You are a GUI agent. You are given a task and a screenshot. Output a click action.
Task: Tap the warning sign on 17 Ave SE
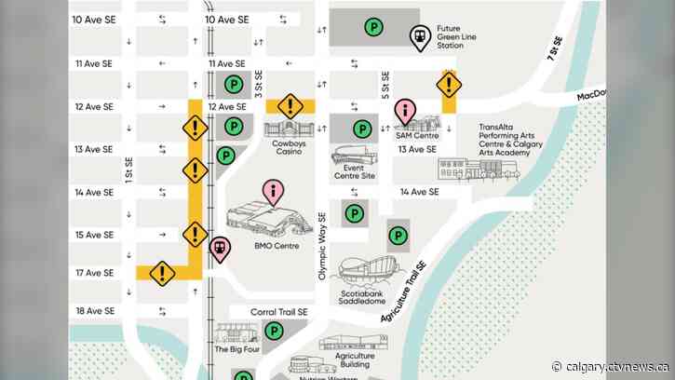[163, 273]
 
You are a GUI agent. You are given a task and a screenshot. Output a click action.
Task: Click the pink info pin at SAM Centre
[405, 112]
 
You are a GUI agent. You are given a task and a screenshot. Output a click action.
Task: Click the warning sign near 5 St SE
[450, 86]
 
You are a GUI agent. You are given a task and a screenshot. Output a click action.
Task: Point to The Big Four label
[234, 349]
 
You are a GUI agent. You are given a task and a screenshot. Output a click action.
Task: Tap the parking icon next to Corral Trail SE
[275, 331]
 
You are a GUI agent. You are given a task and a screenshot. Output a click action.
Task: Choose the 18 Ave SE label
[94, 311]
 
